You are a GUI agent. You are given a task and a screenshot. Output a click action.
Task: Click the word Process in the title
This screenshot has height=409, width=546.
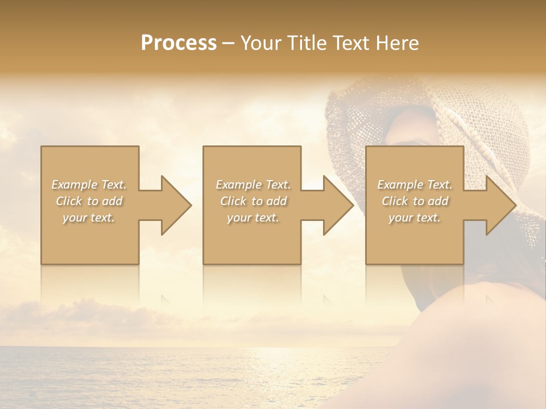(x=179, y=43)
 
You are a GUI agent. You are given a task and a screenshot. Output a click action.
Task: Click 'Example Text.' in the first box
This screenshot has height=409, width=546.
(x=89, y=185)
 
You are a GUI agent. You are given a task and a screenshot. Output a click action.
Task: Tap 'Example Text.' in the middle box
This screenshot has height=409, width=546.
(x=253, y=185)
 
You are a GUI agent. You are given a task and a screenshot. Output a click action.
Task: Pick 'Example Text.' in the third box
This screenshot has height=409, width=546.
(x=415, y=185)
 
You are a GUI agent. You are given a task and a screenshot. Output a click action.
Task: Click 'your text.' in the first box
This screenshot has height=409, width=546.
(x=89, y=218)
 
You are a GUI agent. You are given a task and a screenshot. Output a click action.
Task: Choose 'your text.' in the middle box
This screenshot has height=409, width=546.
(x=253, y=218)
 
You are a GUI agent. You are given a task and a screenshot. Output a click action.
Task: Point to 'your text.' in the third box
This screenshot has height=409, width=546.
(x=415, y=218)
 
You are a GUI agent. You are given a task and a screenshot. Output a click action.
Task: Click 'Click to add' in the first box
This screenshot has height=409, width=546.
(x=89, y=201)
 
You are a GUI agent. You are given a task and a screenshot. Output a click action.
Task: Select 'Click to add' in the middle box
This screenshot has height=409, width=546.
(x=253, y=201)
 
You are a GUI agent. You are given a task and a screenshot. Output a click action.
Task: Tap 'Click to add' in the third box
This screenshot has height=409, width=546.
(x=415, y=201)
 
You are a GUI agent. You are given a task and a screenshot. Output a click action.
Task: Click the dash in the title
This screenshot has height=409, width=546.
(x=229, y=44)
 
